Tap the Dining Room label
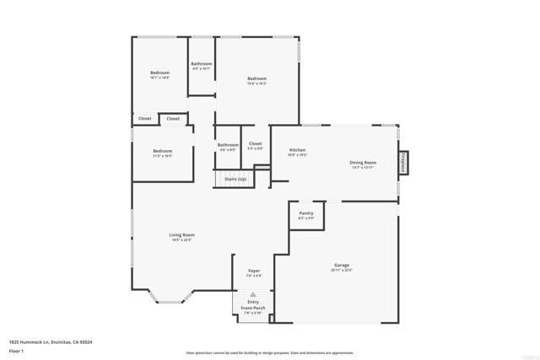363,162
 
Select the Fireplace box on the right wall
403,163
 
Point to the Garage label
342,266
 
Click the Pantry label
306,214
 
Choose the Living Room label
182,235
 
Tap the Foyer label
253,271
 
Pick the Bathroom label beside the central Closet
228,145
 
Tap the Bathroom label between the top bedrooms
201,64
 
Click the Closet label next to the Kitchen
255,144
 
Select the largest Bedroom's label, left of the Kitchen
256,79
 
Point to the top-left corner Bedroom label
160,73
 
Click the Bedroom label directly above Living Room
162,152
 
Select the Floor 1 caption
16,350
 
